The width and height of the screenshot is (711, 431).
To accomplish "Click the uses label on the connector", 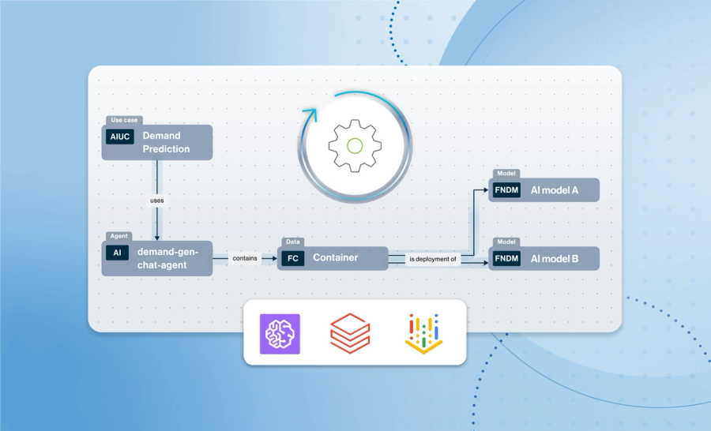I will (x=157, y=200).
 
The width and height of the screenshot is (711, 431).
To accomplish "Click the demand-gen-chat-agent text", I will (x=168, y=258).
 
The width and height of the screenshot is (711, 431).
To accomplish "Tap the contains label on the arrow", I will (x=245, y=258).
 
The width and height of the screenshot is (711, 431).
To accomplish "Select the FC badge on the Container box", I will (x=292, y=258).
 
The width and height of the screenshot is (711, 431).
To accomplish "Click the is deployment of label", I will (x=434, y=258).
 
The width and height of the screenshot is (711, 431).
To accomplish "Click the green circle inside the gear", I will (x=355, y=145).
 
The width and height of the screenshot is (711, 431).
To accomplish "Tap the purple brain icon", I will (x=280, y=332).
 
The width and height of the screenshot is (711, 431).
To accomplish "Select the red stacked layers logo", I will (x=351, y=332).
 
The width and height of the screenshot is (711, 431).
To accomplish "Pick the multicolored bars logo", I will (x=424, y=332).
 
